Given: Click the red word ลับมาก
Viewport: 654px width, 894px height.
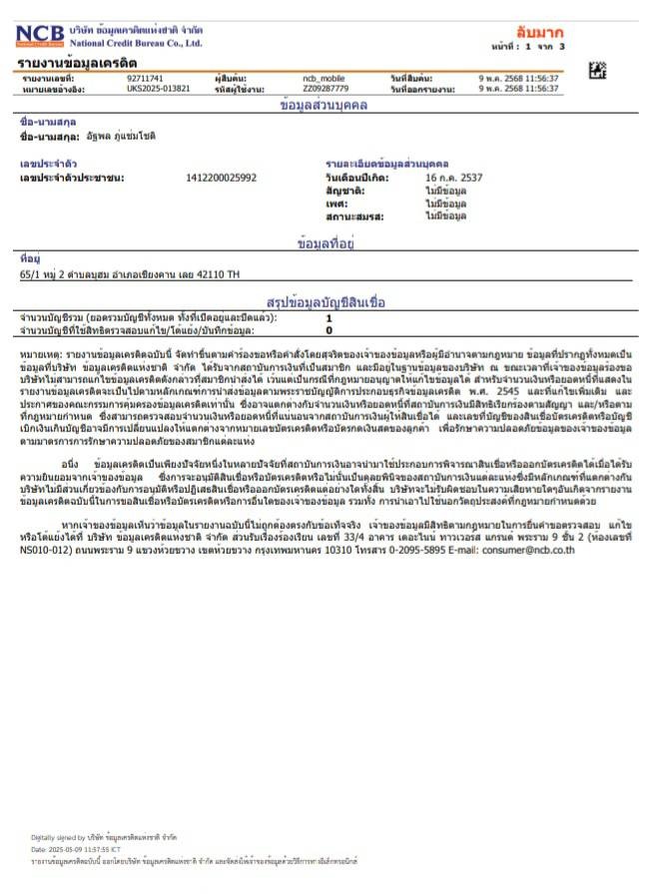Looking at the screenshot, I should click(539, 33).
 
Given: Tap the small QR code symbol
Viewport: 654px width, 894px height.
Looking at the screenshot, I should click(597, 70).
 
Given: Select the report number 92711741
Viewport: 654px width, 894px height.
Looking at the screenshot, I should click(145, 78).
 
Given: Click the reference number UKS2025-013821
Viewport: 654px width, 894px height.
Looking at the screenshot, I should click(158, 89).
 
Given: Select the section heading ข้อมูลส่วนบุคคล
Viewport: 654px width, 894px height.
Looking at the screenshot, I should click(325, 105).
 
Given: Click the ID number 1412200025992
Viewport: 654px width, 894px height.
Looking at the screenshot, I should click(221, 178).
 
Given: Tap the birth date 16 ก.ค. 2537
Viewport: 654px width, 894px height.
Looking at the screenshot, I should click(455, 178).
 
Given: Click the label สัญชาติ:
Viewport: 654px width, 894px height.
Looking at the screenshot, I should click(344, 190).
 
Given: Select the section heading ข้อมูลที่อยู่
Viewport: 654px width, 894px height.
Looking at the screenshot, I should click(327, 242).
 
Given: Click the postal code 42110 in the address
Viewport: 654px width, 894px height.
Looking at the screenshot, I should click(211, 272).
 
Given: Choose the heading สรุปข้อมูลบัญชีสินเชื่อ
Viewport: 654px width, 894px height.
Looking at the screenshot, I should click(327, 301).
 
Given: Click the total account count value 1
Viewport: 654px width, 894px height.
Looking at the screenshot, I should click(329, 317).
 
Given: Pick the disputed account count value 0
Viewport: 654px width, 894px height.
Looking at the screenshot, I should click(329, 329).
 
